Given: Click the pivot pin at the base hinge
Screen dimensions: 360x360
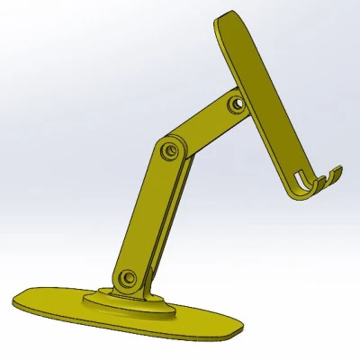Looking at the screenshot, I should (128, 276).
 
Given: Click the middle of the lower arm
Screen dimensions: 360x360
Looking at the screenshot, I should (148, 211).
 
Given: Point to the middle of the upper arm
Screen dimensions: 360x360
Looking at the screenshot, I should (202, 127).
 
